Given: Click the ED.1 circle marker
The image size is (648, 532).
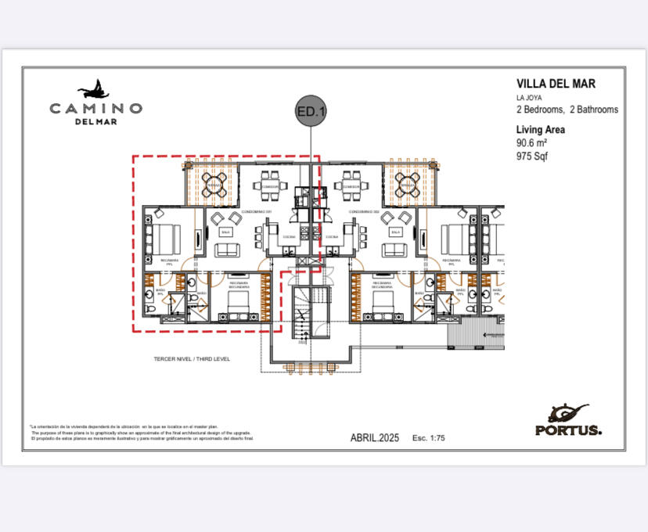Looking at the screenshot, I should [x=311, y=112].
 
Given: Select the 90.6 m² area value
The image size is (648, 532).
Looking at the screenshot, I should [x=531, y=143].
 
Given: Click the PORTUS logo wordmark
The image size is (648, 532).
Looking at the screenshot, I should [x=568, y=430].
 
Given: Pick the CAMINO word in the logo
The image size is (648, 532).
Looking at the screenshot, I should [x=95, y=108].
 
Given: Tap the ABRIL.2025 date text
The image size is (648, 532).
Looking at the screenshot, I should [x=374, y=438].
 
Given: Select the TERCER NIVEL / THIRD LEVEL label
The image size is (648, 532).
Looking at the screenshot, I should [x=192, y=359].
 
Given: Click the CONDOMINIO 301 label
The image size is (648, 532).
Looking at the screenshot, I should [x=257, y=212].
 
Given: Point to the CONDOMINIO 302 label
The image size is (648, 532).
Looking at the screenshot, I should [x=365, y=212].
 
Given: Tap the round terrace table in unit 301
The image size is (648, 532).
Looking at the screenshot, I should [x=214, y=185].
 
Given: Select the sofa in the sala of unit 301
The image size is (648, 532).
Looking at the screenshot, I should [x=229, y=250].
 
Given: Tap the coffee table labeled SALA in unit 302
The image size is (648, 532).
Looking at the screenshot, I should [x=396, y=232].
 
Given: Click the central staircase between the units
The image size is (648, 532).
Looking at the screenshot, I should [x=303, y=313].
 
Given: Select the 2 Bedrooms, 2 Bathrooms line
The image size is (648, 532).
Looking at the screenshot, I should [x=567, y=110].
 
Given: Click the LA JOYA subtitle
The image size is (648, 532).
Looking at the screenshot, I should [x=530, y=97].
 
